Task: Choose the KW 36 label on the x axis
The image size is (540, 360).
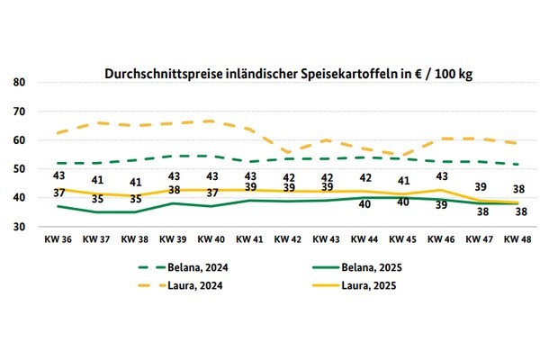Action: (58, 240)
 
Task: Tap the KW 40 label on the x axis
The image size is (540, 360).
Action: (210, 240)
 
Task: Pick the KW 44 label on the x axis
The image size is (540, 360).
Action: (364, 240)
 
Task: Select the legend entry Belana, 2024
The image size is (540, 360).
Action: (191, 268)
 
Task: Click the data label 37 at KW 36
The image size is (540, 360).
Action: (59, 193)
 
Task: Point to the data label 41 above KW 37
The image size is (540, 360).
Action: (97, 180)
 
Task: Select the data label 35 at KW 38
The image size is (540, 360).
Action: (136, 199)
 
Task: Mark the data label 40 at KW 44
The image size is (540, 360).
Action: (364, 204)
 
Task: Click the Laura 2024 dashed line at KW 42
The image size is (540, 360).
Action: (287, 153)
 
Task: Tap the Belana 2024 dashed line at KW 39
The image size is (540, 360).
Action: (172, 156)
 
